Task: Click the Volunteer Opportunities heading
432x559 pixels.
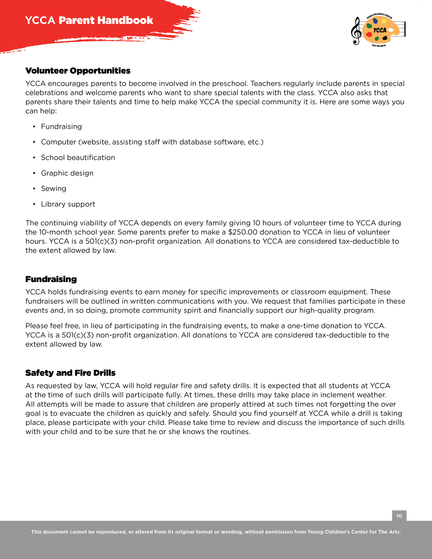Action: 78,71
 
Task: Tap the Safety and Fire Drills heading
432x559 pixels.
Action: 70,373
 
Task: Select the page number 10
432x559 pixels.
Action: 399,516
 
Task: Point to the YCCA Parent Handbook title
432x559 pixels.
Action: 89,20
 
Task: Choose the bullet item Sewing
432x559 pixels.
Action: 54,189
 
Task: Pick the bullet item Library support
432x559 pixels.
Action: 68,204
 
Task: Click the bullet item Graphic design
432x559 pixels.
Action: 67,173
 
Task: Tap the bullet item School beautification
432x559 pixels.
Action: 78,158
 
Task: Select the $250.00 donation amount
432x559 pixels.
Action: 243,232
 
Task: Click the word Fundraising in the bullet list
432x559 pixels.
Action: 61,127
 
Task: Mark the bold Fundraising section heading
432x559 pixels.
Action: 51,279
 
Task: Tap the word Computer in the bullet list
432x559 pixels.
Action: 58,142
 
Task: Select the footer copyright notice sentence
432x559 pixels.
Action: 216,532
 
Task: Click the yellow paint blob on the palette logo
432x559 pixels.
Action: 384,21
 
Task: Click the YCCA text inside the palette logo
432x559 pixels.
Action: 380,30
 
